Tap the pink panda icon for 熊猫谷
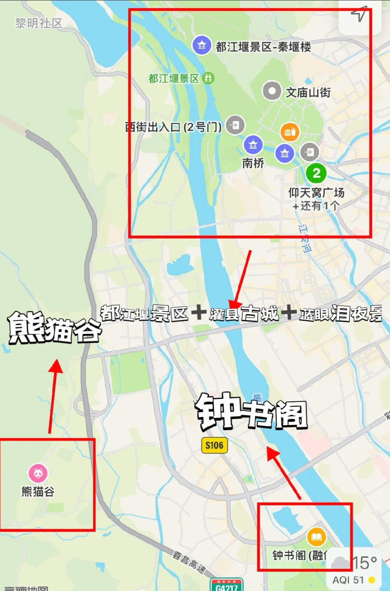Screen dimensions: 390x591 pos(38,473)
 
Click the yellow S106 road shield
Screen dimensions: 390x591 pos(214,446)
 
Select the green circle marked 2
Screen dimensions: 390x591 pos(316,173)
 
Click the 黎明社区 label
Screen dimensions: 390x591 pos(39,23)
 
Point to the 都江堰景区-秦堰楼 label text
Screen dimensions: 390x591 pos(263,47)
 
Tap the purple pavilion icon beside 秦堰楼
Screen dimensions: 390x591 pos(202,45)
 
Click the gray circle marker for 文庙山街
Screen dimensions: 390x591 pos(272,91)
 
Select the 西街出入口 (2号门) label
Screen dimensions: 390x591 pos(173,127)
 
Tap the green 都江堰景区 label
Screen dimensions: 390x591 pos(174,78)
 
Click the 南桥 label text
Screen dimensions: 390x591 pos(253,163)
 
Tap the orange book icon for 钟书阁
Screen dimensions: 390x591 pos(317,537)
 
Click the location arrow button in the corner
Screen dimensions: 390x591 pos(359,14)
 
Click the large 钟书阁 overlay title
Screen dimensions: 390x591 pos(251,412)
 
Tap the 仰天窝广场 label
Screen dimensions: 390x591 pos(316,193)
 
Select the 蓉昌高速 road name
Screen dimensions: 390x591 pos(190,562)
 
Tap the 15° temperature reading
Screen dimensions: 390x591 pos(364,563)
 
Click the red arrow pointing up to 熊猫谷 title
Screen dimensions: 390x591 pos(53,396)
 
